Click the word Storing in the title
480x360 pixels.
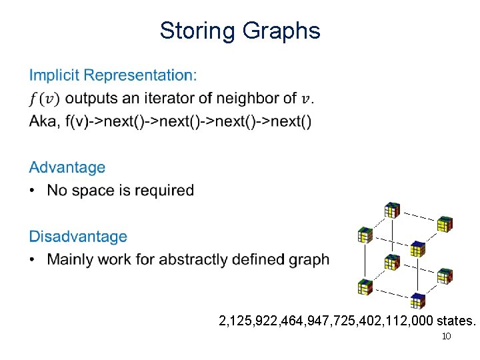[197, 31]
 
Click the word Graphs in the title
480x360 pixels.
[281, 31]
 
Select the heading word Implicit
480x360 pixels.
[56, 75]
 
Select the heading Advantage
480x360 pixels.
[67, 167]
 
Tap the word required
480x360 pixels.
[164, 191]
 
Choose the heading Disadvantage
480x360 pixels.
[77, 237]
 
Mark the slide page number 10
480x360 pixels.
[447, 336]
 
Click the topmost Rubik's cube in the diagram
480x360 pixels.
[393, 211]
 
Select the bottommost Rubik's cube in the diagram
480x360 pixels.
[418, 300]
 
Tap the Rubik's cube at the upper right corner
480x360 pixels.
[445, 224]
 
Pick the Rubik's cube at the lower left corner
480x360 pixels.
[365, 287]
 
